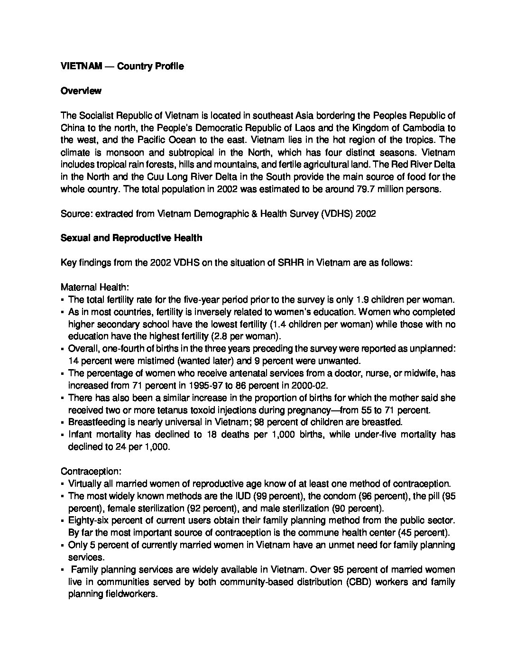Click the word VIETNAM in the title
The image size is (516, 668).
pyautogui.click(x=81, y=66)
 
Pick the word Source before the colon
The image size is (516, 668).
pyautogui.click(x=76, y=213)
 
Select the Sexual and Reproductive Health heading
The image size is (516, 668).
pyautogui.click(x=131, y=238)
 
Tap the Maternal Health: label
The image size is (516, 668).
pyautogui.click(x=95, y=287)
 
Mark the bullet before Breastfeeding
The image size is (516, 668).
pyautogui.click(x=63, y=422)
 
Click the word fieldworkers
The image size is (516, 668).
pyautogui.click(x=130, y=594)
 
